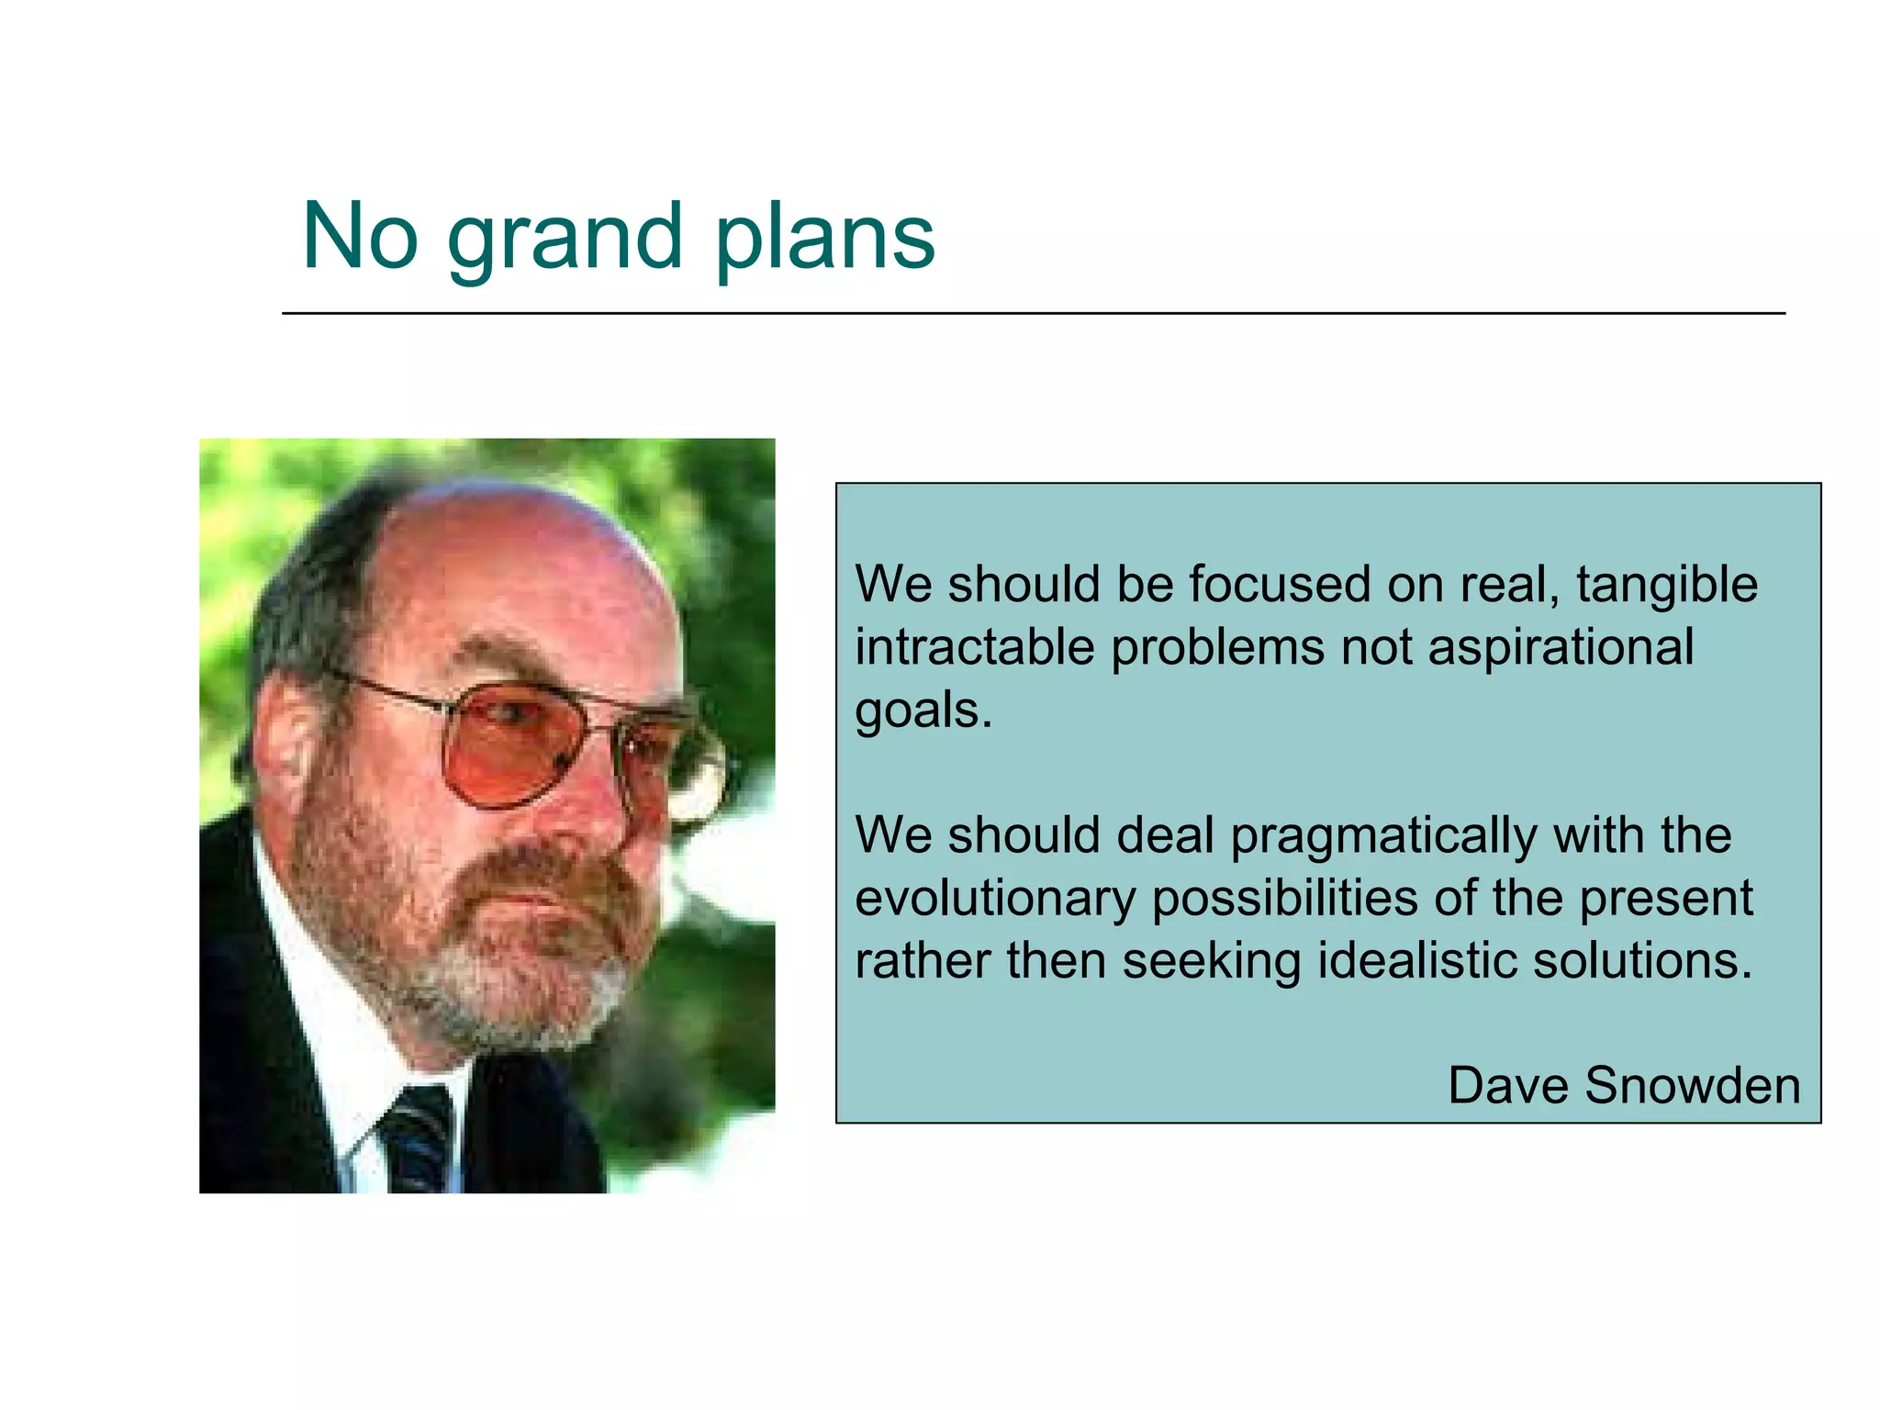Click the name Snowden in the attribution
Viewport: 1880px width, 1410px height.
coord(1692,1085)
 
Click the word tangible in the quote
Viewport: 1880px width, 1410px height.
coord(1666,585)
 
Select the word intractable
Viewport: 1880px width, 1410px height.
coord(974,647)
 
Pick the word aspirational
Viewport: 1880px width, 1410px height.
coord(1560,647)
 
